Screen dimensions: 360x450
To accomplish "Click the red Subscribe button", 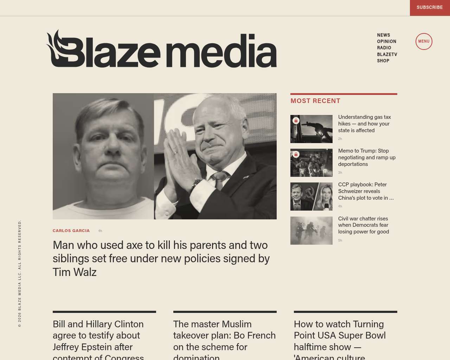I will pyautogui.click(x=430, y=7).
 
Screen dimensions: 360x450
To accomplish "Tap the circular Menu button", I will pyautogui.click(x=424, y=41).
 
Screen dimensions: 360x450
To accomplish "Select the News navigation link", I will pyautogui.click(x=384, y=35).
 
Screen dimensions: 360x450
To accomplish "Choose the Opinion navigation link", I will pyautogui.click(x=387, y=41).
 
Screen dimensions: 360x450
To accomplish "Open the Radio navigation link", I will pyautogui.click(x=384, y=48).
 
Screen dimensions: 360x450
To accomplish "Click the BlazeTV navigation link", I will pyautogui.click(x=387, y=54).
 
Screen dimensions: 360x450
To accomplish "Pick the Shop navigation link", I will pyautogui.click(x=383, y=61).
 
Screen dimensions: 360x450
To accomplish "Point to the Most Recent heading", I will pyautogui.click(x=315, y=101).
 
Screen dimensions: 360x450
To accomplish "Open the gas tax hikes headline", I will pyautogui.click(x=364, y=124).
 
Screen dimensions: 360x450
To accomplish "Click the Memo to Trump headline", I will pyautogui.click(x=367, y=157).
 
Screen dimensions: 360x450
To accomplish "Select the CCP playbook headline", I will pyautogui.click(x=366, y=191).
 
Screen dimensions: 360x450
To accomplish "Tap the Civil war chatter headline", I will pyautogui.click(x=364, y=225).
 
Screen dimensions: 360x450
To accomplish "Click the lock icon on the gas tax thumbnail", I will pyautogui.click(x=296, y=121).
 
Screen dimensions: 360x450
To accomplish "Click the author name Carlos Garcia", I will pyautogui.click(x=71, y=231).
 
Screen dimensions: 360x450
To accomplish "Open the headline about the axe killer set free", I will pyautogui.click(x=161, y=258).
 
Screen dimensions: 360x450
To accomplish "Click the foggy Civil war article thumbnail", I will pyautogui.click(x=311, y=231).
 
